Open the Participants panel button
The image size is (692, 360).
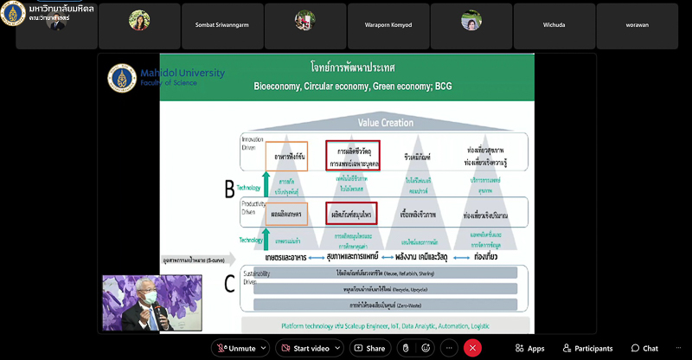[586, 348]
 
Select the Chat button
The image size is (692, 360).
[644, 348]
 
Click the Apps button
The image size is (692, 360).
[529, 348]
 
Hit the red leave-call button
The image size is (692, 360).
[471, 348]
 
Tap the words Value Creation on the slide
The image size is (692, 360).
[385, 123]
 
